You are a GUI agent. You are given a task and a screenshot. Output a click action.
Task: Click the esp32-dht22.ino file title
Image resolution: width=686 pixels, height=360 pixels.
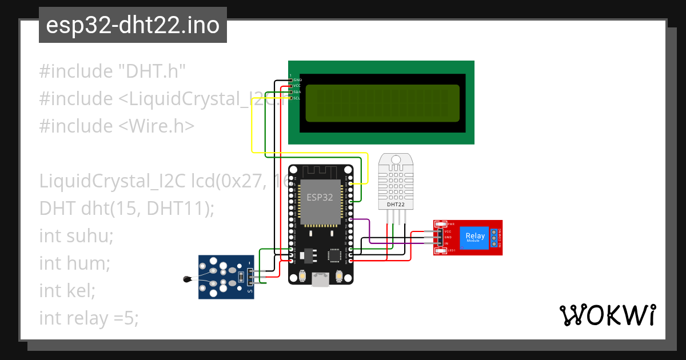click(133, 26)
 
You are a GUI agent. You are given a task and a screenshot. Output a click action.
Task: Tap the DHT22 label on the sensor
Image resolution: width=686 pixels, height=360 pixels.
click(396, 204)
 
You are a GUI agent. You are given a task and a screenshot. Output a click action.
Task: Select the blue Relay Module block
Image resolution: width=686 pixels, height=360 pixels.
click(476, 237)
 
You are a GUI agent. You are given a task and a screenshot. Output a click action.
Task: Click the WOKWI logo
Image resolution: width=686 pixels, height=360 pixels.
click(607, 315)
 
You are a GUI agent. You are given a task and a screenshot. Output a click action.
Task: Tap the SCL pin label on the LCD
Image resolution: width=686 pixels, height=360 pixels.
click(297, 98)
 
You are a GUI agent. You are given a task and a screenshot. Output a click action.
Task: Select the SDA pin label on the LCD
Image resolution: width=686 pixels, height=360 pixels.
click(297, 92)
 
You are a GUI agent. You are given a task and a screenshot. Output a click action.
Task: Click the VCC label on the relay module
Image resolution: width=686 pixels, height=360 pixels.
click(448, 231)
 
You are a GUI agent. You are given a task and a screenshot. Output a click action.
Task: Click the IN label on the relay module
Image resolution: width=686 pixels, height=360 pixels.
click(446, 243)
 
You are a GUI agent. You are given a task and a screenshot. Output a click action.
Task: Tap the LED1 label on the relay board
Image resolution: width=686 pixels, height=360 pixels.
click(451, 251)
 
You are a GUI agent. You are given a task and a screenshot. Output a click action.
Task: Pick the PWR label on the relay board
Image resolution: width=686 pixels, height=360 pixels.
click(451, 223)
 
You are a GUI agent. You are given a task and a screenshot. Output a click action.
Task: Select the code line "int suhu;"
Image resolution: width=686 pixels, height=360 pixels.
click(76, 235)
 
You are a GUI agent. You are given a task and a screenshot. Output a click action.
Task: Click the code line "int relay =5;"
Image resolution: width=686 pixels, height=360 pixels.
click(89, 318)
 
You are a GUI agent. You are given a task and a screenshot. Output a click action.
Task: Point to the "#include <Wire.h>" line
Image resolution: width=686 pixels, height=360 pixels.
click(117, 126)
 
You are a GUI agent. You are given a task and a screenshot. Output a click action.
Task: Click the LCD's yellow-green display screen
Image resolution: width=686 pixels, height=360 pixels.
click(382, 103)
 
